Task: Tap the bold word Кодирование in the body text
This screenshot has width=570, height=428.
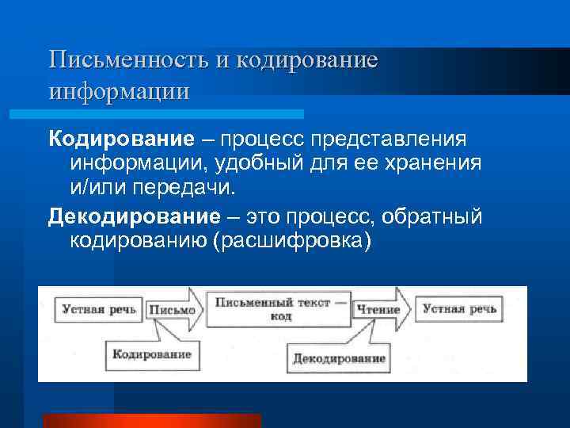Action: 121,139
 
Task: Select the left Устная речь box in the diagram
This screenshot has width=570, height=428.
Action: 98,309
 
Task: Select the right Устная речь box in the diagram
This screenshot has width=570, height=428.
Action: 459,309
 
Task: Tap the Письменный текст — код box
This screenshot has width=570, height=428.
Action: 276,309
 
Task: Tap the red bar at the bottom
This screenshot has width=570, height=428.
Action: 151,420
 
